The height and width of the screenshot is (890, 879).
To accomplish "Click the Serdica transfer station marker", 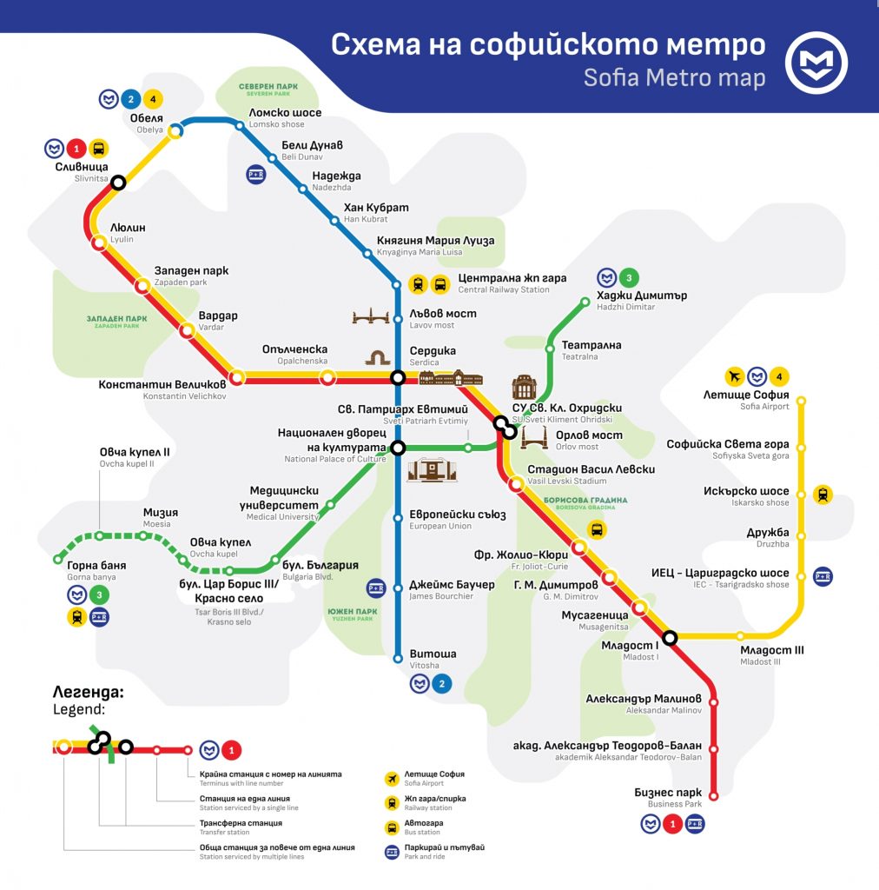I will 397,377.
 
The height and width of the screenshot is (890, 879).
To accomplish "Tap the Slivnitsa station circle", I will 118,183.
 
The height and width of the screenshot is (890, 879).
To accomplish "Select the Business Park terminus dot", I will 714,794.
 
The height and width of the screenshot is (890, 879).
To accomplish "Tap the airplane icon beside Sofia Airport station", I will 735,376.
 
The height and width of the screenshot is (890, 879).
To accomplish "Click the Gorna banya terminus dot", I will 59,558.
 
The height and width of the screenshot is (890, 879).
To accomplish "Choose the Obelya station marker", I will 175,131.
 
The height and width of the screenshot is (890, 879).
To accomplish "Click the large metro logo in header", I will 816,62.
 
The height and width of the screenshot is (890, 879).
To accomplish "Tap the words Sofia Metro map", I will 674,77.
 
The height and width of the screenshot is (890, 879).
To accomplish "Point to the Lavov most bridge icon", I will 373,317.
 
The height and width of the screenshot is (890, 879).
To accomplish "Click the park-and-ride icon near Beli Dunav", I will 255,174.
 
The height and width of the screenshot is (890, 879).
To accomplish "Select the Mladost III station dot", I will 740,636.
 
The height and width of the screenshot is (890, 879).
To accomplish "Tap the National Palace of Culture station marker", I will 397,448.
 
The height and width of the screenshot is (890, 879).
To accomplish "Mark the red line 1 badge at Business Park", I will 671,823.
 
